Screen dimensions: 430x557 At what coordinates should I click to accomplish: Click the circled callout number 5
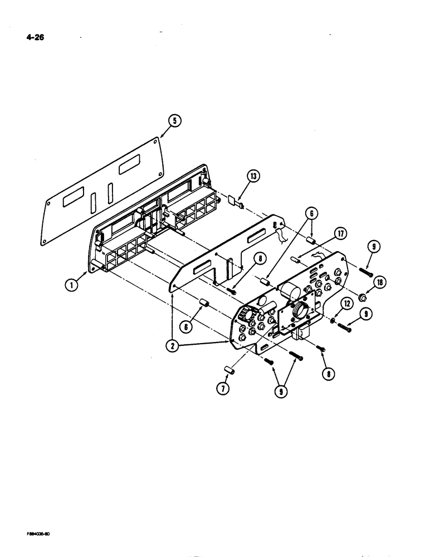coord(174,121)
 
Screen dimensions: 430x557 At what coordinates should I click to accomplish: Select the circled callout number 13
coord(254,178)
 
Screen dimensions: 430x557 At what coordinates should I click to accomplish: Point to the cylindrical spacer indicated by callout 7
coord(228,370)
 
